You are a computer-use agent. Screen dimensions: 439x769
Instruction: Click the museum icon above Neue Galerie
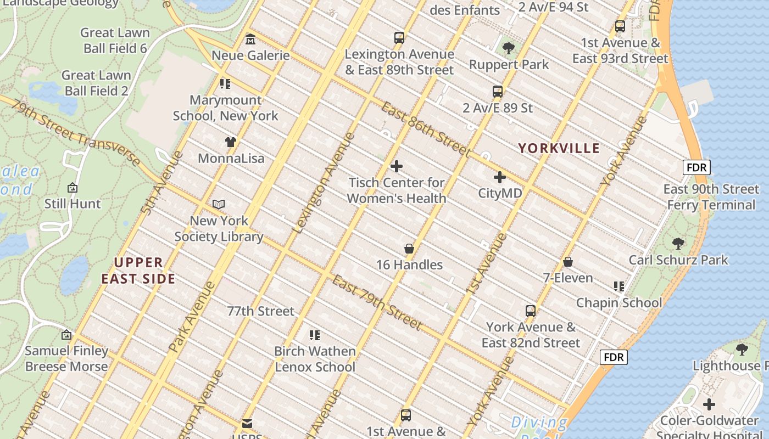(250, 40)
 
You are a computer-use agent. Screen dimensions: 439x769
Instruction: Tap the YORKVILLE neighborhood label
(559, 148)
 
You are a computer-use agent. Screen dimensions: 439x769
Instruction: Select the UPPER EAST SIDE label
(138, 271)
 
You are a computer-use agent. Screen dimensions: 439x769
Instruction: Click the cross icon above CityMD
(500, 177)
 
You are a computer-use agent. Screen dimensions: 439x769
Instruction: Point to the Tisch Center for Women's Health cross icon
(397, 166)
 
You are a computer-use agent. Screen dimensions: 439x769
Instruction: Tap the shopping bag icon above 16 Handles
(409, 249)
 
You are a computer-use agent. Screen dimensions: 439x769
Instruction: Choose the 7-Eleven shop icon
(568, 262)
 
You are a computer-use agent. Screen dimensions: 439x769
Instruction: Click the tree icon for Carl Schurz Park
(678, 243)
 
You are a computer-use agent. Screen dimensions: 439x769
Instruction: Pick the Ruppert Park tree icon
(509, 48)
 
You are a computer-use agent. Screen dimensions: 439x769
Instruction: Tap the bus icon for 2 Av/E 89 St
(498, 92)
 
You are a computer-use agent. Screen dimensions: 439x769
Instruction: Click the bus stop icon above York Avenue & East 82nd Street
(531, 311)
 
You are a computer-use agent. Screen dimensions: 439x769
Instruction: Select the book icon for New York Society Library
(219, 205)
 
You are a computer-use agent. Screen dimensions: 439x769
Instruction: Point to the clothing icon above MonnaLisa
(231, 142)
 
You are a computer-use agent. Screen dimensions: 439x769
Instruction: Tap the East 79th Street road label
(377, 302)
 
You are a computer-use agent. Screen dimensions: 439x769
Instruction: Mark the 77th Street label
(261, 311)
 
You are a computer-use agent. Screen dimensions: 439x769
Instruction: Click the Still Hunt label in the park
(73, 204)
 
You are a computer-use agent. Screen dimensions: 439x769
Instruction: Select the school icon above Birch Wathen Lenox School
(315, 335)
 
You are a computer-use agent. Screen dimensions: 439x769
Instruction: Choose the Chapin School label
(619, 302)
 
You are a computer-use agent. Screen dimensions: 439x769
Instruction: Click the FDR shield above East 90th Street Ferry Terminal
(696, 167)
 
